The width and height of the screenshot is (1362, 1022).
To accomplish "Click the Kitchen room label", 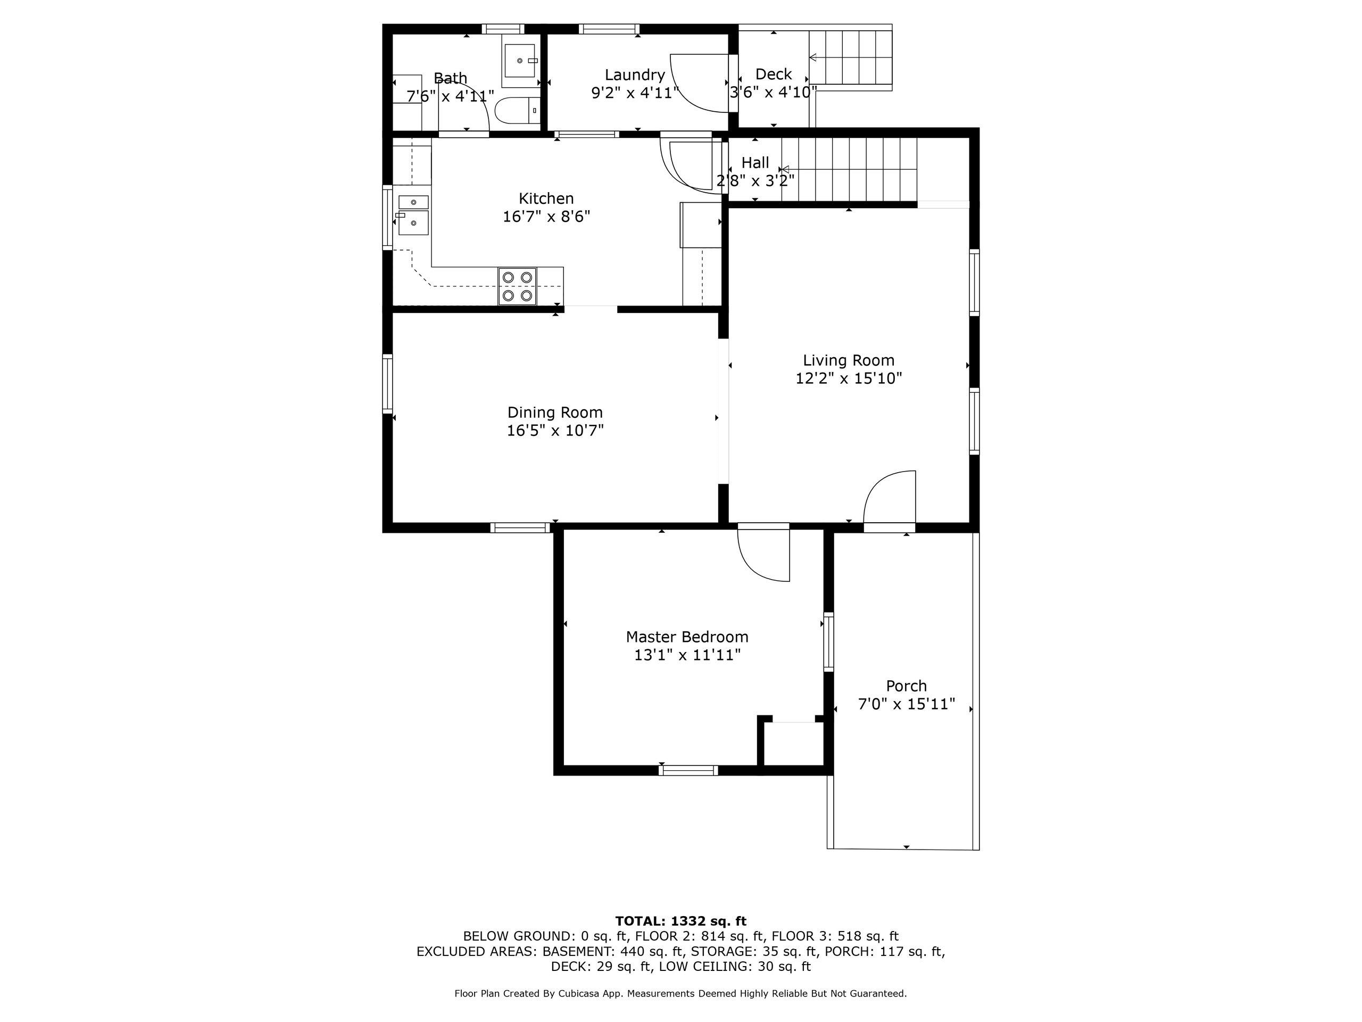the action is click(546, 199).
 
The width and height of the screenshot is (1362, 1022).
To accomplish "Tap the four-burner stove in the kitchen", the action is click(517, 286).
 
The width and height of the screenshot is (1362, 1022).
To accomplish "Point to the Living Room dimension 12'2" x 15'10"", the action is click(849, 378).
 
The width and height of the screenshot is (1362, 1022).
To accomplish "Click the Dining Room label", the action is click(555, 413).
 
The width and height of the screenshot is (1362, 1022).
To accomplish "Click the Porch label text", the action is click(907, 686).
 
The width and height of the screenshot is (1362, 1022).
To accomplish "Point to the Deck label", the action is click(774, 75).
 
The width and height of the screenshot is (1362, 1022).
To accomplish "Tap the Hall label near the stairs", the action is click(755, 163).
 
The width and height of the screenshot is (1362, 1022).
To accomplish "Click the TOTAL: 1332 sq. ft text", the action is click(680, 921).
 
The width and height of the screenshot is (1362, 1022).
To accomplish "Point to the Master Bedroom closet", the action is click(794, 743).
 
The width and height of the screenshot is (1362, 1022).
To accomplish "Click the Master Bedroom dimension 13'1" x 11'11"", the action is click(687, 655).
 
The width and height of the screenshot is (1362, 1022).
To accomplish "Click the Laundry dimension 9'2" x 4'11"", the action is click(635, 93).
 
